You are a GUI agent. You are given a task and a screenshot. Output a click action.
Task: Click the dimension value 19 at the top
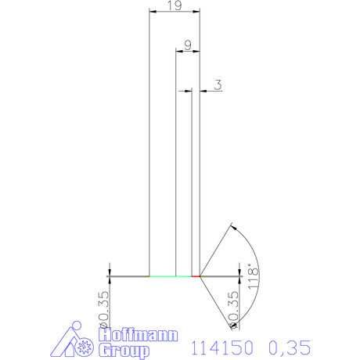click(175, 6)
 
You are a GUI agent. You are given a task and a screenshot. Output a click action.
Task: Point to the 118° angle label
click(252, 276)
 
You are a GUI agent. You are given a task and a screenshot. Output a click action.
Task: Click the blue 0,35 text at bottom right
click(290, 345)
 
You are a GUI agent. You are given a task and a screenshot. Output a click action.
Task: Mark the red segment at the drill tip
click(196, 276)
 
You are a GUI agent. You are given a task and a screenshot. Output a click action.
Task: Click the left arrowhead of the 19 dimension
click(152, 12)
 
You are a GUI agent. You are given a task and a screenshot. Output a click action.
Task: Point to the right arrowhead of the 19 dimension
click(197, 12)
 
